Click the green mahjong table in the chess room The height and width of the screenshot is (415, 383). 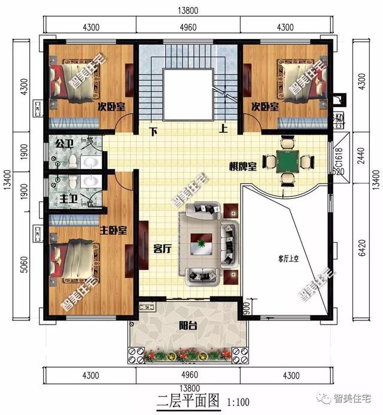288,161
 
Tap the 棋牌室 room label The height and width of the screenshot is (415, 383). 242,167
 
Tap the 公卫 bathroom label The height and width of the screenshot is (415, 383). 63,144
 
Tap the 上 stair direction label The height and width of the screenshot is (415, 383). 223,128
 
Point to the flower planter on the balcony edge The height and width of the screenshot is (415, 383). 187,354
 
